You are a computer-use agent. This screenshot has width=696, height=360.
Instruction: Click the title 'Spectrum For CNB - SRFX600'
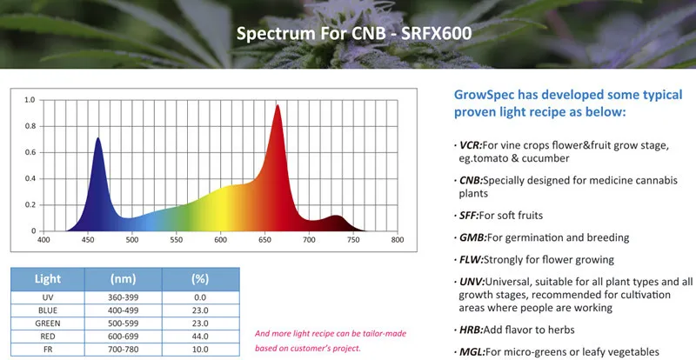347,36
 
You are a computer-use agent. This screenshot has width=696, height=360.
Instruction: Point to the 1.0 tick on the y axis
30,100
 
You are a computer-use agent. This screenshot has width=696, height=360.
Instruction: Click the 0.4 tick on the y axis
30,178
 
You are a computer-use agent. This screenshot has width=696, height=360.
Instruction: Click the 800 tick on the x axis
397,239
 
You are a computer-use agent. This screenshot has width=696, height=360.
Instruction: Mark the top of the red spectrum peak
278,106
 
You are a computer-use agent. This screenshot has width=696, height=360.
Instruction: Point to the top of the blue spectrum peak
97,138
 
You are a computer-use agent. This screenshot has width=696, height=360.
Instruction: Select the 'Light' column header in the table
47,280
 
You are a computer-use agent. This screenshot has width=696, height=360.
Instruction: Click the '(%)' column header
199,280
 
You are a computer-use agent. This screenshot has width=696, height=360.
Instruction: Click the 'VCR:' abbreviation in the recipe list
472,145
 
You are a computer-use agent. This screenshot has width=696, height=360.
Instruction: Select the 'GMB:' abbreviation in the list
473,237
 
